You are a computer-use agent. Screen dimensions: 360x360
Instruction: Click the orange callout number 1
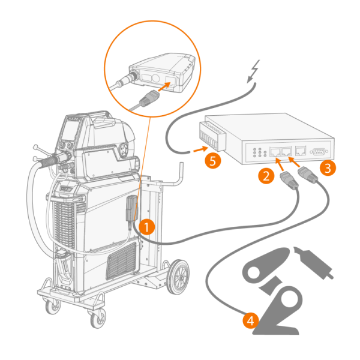(146, 227)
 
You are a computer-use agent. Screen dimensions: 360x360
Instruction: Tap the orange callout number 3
(327, 168)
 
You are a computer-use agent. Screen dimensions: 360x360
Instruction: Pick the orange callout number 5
(210, 160)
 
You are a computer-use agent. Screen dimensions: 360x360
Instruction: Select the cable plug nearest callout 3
(307, 174)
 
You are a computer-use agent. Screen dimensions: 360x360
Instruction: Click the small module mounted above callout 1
(132, 207)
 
